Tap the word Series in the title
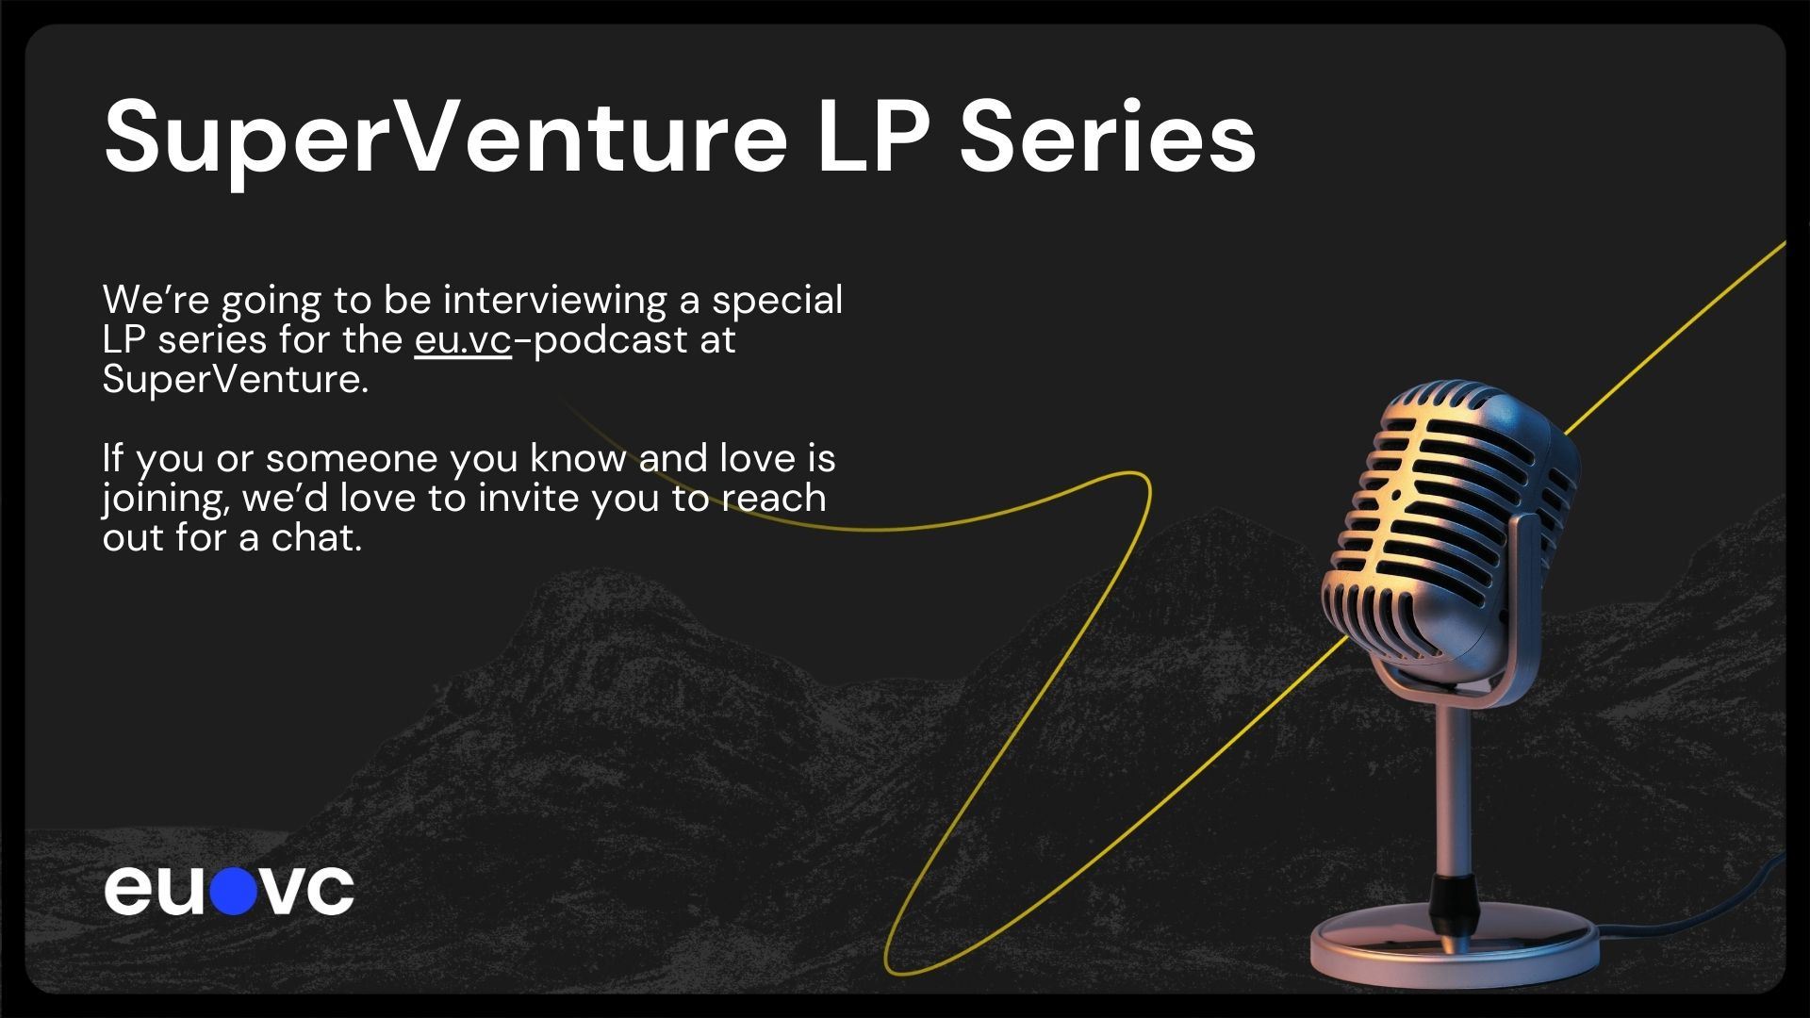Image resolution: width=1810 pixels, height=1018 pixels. [1107, 138]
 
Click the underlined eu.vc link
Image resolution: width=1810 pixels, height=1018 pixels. [463, 340]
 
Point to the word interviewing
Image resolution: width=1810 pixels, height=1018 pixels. [555, 302]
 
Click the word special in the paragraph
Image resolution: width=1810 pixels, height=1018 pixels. [778, 302]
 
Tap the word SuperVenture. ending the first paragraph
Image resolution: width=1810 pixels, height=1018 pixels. [236, 380]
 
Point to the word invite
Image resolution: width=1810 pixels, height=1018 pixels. [530, 498]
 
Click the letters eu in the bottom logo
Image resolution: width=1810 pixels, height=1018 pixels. [155, 891]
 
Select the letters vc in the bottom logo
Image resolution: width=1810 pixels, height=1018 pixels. [306, 892]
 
